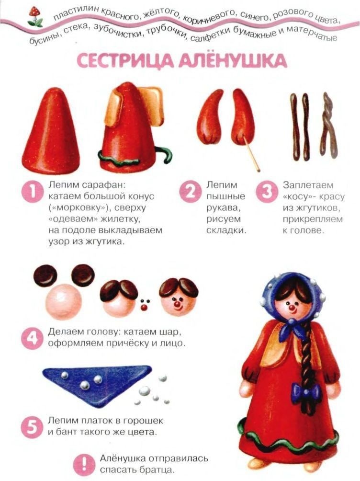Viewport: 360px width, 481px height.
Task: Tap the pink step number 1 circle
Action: pos(32,192)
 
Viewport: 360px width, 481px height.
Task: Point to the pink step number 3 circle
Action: pos(267,192)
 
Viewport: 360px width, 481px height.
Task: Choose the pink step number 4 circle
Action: pos(32,338)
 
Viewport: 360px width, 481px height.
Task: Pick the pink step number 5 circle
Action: pos(32,427)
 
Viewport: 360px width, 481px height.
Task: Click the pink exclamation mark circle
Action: pos(84,464)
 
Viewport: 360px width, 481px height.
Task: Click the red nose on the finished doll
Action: pos(291,307)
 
